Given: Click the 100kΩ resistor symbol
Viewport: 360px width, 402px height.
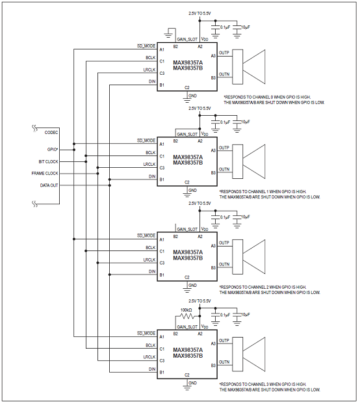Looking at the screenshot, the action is click(188, 316).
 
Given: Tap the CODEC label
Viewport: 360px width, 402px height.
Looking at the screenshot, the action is click(51, 133).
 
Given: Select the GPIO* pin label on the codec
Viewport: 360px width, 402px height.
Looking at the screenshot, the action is click(53, 150).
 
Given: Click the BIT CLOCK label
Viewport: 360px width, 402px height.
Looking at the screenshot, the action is click(48, 162).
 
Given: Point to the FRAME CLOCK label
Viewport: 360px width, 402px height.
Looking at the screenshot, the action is click(45, 174).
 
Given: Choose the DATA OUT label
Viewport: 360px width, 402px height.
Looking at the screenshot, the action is click(49, 185).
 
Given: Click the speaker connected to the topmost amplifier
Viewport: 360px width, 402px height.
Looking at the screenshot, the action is click(249, 67).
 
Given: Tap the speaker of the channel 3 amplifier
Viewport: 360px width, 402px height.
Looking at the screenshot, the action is click(249, 354).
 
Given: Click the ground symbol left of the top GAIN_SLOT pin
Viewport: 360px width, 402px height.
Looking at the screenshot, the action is click(168, 33).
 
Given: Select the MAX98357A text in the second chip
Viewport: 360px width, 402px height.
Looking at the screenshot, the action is click(188, 157).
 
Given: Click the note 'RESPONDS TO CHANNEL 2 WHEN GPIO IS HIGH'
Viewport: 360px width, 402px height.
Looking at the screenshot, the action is click(263, 287).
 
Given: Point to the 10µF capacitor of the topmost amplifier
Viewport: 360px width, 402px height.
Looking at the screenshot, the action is click(237, 29).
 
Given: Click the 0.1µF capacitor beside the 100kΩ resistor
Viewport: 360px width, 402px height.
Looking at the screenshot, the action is click(215, 317).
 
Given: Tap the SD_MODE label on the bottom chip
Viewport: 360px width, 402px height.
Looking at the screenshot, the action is click(146, 333).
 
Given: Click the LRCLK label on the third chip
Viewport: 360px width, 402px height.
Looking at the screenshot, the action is click(149, 260).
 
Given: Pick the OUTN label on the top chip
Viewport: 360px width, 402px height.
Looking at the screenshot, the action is click(224, 74).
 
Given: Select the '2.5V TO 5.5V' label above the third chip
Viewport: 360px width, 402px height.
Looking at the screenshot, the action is click(199, 204).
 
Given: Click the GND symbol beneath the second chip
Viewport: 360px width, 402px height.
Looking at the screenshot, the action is click(187, 193).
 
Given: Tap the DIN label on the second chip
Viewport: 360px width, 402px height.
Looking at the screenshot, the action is click(152, 176).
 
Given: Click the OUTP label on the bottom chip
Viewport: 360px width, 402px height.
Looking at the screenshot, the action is click(224, 340).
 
